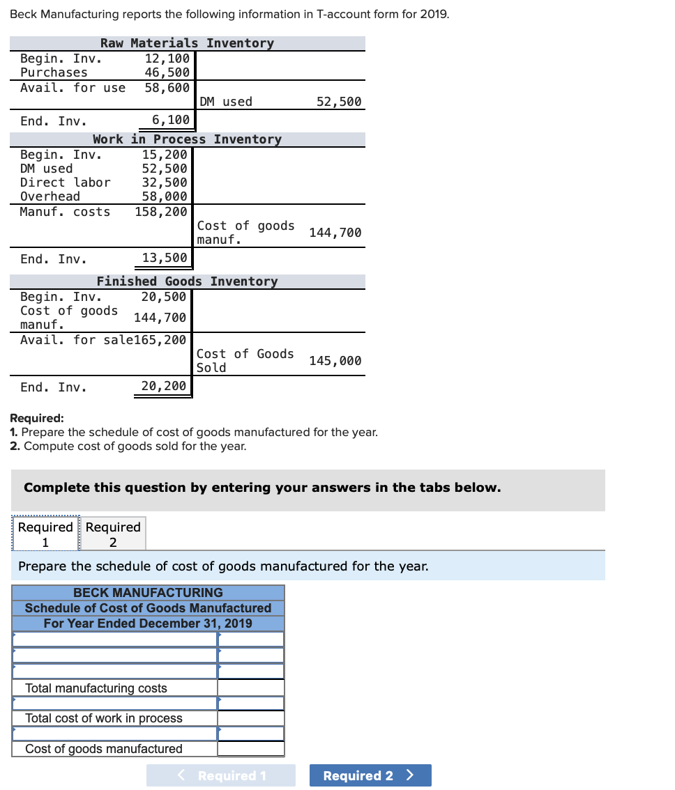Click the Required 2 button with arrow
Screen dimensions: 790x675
coord(370,775)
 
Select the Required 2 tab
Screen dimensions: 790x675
coord(113,534)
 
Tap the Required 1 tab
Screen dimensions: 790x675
coord(45,534)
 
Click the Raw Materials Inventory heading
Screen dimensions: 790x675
coord(187,43)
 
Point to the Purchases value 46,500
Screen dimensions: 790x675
coord(167,72)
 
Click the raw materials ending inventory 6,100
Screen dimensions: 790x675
coord(171,120)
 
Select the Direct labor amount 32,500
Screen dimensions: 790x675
coord(165,183)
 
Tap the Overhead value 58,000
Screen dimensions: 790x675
coord(165,196)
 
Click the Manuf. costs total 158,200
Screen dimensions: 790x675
coord(161,212)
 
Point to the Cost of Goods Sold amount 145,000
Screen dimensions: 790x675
coord(335,361)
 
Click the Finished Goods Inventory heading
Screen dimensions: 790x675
coord(187,281)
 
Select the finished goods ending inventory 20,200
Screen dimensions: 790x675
coord(164,386)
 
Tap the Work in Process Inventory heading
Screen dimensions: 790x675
coord(187,139)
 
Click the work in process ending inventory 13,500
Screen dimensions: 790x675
coord(165,258)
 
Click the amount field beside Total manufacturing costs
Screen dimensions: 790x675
coord(250,688)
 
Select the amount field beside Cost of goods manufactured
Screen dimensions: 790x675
coord(250,749)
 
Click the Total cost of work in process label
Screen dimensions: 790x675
coord(104,718)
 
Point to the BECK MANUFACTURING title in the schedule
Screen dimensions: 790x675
coord(148,593)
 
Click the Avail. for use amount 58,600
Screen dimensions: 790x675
coord(167,88)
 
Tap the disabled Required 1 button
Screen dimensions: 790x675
coord(221,775)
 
